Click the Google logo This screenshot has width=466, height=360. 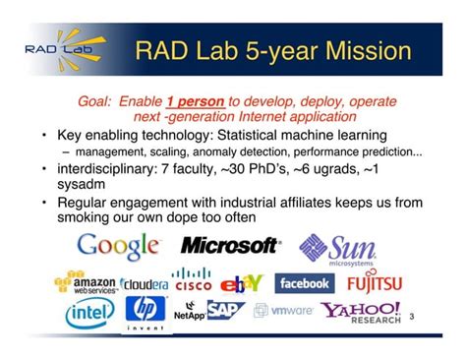pyautogui.click(x=118, y=246)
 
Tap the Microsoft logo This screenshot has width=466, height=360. pyautogui.click(x=229, y=246)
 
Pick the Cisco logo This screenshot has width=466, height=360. pyautogui.click(x=192, y=281)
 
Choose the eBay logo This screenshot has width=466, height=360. pyautogui.click(x=241, y=284)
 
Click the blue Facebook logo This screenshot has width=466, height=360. pyautogui.click(x=304, y=283)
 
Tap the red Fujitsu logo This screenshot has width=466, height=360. pyautogui.click(x=374, y=283)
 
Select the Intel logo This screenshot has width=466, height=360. pyautogui.click(x=89, y=314)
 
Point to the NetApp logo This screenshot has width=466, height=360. pyautogui.click(x=188, y=316)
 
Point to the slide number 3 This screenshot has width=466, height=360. pyautogui.click(x=411, y=317)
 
